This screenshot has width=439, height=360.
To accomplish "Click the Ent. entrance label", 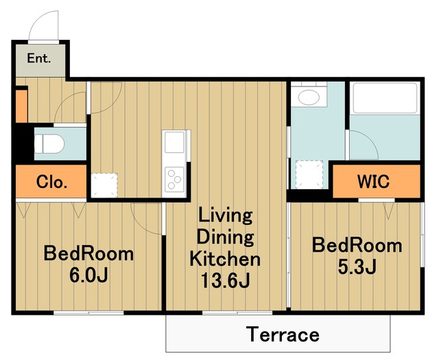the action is (x=39, y=58).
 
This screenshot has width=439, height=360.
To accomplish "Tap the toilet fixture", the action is (x=49, y=144).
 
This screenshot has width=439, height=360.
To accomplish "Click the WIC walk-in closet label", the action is (x=373, y=182).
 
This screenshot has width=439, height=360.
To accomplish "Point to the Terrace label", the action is (x=283, y=334).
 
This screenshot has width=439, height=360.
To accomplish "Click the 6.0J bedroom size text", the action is (x=88, y=276).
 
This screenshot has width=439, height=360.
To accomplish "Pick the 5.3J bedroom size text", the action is (x=357, y=267).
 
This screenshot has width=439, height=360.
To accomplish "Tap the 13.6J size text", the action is (x=226, y=280).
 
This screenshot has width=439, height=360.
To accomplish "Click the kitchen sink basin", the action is (x=174, y=142).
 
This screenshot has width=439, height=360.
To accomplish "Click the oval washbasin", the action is (x=309, y=97).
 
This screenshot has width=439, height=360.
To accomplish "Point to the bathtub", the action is (x=385, y=97).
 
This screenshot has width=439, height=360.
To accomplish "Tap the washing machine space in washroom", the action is (x=309, y=174).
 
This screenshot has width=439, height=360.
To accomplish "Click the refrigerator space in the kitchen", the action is (x=104, y=185).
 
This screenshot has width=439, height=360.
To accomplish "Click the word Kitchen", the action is (x=225, y=259).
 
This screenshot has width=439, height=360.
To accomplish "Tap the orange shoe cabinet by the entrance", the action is (x=21, y=106).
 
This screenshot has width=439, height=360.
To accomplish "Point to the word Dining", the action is (x=225, y=237).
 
